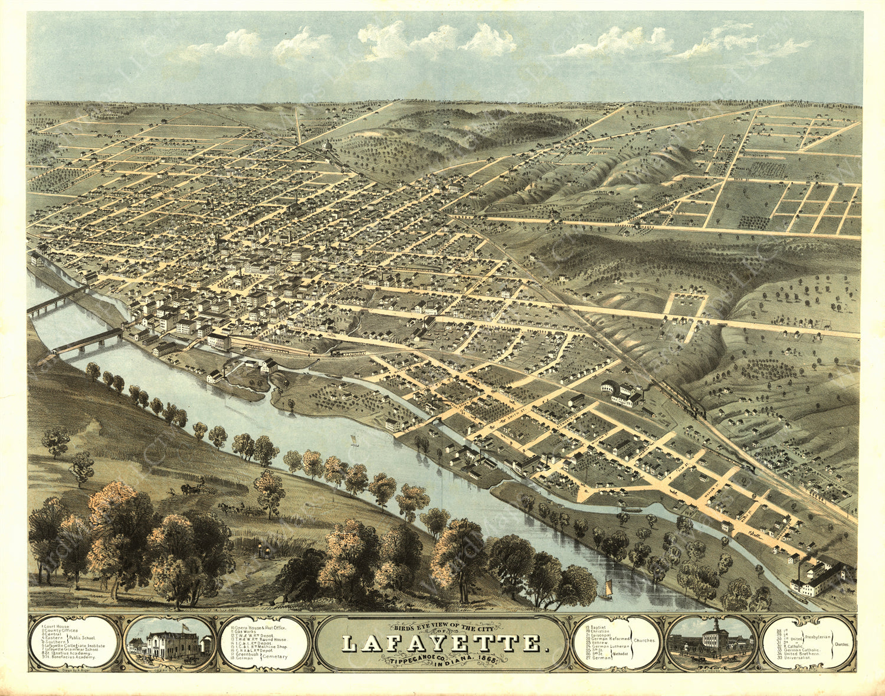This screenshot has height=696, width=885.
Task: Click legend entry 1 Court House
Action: pos(58,626)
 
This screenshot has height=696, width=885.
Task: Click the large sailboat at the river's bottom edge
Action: pos(605,590)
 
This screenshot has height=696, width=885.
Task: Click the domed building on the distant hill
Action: pos(327,145)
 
